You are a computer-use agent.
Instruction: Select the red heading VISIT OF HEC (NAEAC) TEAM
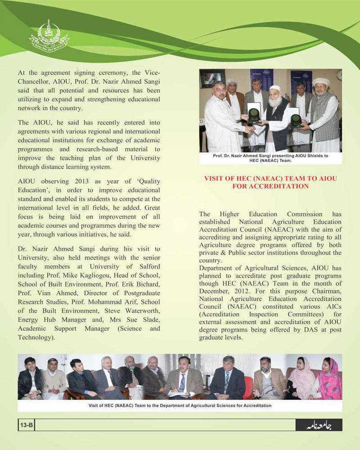(x=270, y=182)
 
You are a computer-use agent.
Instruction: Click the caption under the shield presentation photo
(x=270, y=157)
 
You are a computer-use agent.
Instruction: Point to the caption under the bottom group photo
(x=180, y=405)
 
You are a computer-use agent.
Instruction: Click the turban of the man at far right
(x=320, y=81)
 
